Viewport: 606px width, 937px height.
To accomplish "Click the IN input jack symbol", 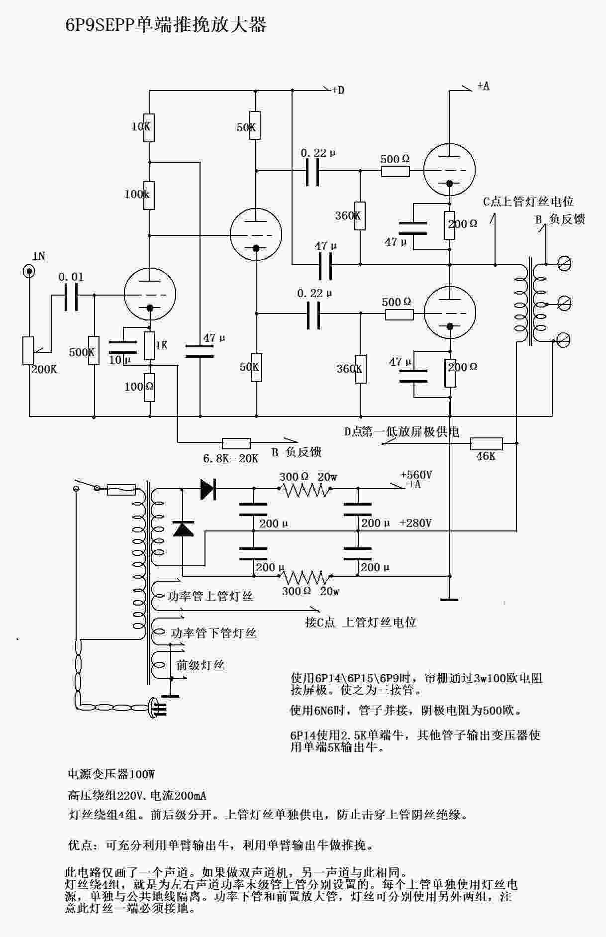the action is pyautogui.click(x=29, y=271).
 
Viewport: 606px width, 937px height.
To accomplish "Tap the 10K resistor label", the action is pyautogui.click(x=141, y=126).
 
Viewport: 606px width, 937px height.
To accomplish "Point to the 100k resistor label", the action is pyautogui.click(x=137, y=194).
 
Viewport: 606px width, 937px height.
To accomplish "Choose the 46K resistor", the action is pyautogui.click(x=486, y=443).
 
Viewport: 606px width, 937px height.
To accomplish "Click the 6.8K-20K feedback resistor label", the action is pyautogui.click(x=230, y=458).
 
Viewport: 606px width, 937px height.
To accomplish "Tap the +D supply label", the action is pyautogui.click(x=338, y=90).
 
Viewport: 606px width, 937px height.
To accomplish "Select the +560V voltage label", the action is pyautogui.click(x=416, y=475).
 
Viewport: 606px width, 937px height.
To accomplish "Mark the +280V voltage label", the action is pyautogui.click(x=415, y=523).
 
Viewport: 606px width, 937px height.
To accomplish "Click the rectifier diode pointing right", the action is pyautogui.click(x=207, y=489).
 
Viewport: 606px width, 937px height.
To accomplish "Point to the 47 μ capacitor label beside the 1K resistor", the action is pyautogui.click(x=214, y=338).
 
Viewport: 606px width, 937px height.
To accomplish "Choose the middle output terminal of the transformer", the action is pyautogui.click(x=564, y=302).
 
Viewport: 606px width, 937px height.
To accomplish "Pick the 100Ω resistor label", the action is pyautogui.click(x=139, y=387).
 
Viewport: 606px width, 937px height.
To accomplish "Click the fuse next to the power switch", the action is pyautogui.click(x=122, y=490).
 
